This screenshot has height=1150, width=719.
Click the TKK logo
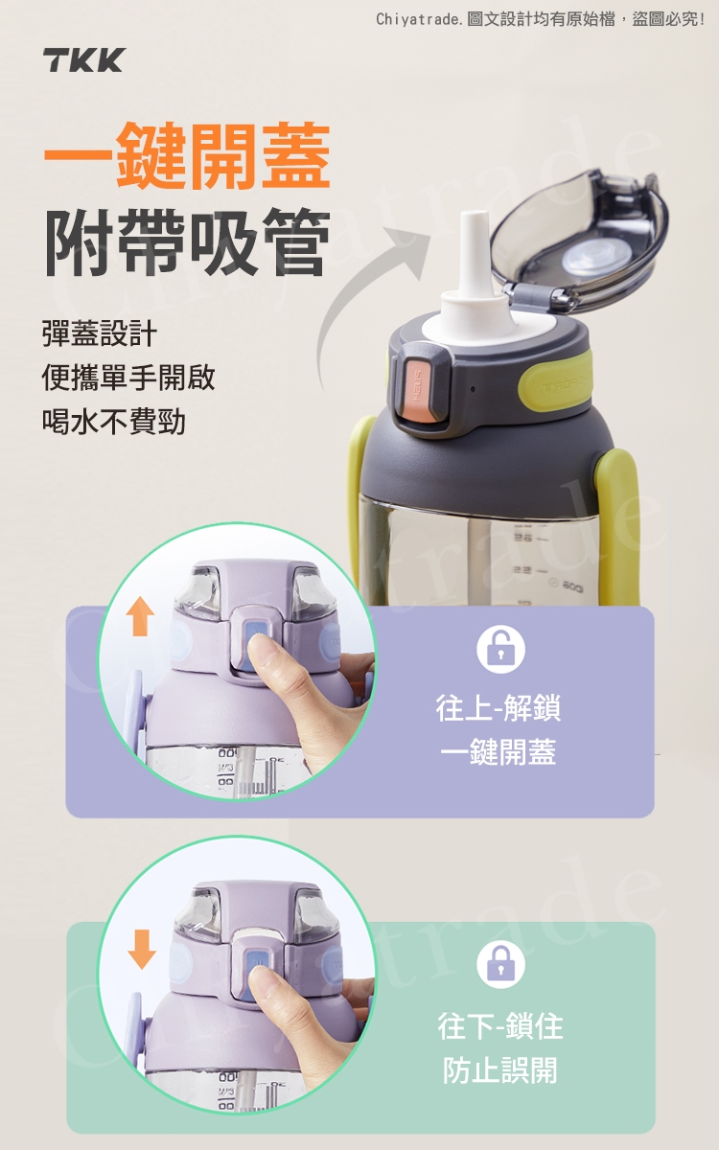[83, 60]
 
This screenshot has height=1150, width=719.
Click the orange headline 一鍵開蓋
[187, 156]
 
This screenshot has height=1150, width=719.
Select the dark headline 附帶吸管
[187, 241]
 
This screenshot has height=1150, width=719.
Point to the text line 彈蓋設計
[100, 333]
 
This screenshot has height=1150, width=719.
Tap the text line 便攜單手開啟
[128, 378]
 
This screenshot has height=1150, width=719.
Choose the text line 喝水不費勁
[113, 422]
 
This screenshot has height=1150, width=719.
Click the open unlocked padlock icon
[500, 649]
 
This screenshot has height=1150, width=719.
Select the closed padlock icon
[500, 964]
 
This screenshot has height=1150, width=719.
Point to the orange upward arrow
[140, 617]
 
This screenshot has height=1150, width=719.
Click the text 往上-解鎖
[499, 707]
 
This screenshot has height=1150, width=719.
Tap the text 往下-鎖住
[500, 1026]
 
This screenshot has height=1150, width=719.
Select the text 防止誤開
[500, 1070]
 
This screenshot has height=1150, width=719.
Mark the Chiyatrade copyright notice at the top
[541, 19]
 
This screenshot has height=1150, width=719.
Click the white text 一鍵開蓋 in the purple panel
[499, 751]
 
